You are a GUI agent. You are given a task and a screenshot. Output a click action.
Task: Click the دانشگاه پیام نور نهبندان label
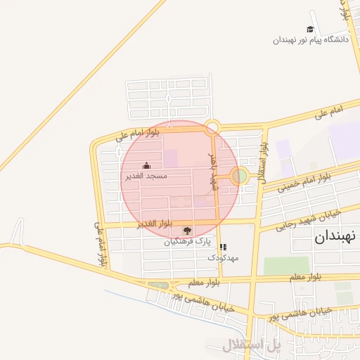click(311, 40)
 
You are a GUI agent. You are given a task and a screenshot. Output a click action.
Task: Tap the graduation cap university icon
click(310, 30)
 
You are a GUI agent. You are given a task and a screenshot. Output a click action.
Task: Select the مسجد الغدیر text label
click(146, 176)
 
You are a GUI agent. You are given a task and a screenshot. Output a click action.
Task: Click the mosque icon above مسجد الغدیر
click(146, 166)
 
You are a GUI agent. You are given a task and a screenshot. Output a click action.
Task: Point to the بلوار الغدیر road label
click(155, 224)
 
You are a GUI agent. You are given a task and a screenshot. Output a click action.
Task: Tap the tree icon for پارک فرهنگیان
click(186, 231)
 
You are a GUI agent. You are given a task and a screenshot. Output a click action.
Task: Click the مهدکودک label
click(223, 258)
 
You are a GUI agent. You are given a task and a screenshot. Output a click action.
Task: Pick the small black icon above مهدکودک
click(223, 247)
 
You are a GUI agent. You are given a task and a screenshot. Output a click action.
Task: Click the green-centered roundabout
click(240, 176)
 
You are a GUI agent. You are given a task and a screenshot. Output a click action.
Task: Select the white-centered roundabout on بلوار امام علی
click(212, 127)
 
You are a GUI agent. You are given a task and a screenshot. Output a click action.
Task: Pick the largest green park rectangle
click(286, 266)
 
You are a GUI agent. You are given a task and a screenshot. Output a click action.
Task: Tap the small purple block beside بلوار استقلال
click(283, 149)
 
